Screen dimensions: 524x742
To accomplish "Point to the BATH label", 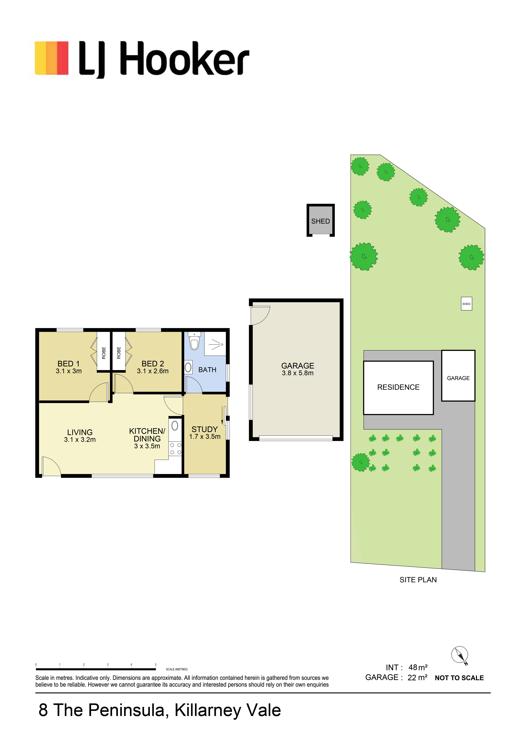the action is point(207,370).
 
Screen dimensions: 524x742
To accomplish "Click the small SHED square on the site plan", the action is point(466,304).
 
